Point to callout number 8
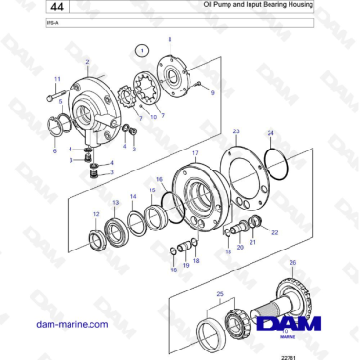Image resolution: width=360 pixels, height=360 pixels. [x=170, y=40]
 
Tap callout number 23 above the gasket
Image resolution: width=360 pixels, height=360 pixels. [x=236, y=130]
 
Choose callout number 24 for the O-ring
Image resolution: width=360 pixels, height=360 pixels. [x=270, y=134]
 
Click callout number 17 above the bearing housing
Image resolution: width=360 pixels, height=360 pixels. [x=195, y=152]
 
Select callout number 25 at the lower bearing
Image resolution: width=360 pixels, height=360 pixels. [x=221, y=296]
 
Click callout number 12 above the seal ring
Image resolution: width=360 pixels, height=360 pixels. [x=95, y=214]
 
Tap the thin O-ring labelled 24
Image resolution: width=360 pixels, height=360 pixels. [x=275, y=163]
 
